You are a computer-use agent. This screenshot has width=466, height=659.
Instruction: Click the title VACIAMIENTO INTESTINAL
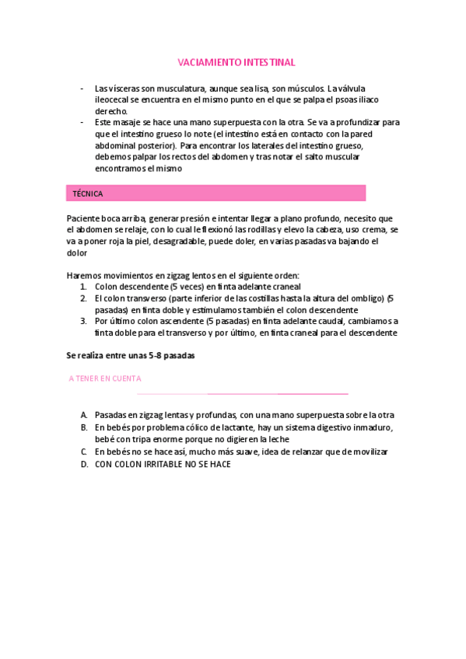coord(237,62)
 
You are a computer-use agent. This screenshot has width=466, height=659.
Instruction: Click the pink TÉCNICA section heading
coord(87,194)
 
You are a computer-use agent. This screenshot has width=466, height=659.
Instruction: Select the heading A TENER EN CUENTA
coord(105,378)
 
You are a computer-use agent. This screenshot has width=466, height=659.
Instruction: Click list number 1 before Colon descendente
coord(83,286)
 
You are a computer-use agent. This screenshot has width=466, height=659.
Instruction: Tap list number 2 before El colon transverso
coord(83,298)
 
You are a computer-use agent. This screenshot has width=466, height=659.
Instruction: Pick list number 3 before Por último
coord(83,321)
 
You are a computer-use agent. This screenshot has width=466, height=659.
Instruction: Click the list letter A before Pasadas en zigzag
coord(83,415)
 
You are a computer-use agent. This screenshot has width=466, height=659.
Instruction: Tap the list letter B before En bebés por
coord(83,427)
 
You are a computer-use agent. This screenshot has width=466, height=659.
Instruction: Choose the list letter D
coord(83,464)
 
